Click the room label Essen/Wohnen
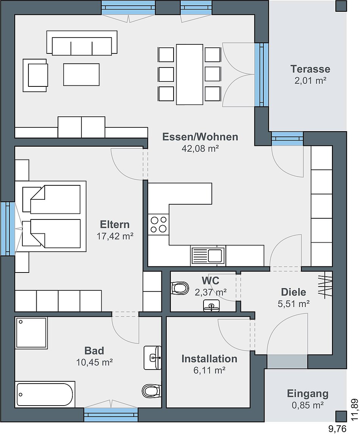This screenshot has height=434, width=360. click(200, 137)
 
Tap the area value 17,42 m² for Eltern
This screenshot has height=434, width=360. click(115, 236)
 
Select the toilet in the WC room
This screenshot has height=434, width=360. click(180, 288)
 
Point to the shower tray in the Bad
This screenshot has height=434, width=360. click(31, 333)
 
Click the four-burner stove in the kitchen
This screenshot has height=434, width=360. click(158, 224)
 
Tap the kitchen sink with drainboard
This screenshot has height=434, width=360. click(208, 255)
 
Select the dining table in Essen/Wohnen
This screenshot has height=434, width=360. click(189, 74)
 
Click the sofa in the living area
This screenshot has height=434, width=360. click(82, 42)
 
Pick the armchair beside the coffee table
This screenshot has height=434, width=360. click(35, 75)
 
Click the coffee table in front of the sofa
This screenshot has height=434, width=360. click(81, 74)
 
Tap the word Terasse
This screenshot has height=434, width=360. click(310, 69)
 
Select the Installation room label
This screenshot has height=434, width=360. click(210, 359)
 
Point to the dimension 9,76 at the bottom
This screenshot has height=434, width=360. click(337, 429)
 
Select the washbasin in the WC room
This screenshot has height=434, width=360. click(212, 305)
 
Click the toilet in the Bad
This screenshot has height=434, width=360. click(151, 391)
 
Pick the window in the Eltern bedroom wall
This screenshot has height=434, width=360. click(8, 228)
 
